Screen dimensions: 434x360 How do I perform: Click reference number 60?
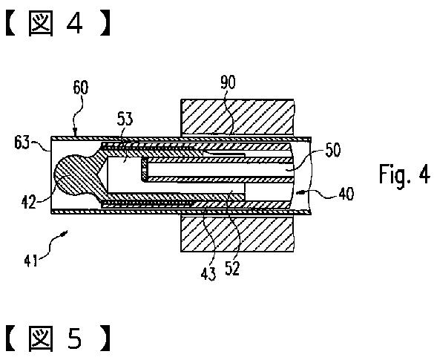click(x=81, y=88)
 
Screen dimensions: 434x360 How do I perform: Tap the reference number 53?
click(x=125, y=119)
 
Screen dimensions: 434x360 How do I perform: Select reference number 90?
click(x=228, y=82)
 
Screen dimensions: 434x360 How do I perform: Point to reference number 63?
click(x=22, y=143)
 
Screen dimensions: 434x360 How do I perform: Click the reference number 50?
click(x=332, y=150)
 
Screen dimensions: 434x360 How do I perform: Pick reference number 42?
click(x=29, y=202)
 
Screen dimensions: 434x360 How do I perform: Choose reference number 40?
click(x=346, y=194)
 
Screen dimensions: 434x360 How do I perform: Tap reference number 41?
click(x=30, y=261)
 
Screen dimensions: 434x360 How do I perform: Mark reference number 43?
click(x=208, y=274)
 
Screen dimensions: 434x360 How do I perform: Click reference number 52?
click(x=232, y=268)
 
